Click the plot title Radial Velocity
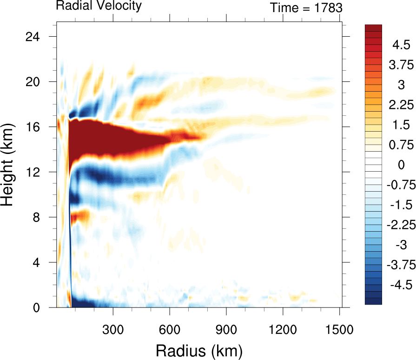(x=99, y=6)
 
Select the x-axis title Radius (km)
(x=199, y=349)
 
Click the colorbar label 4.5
(x=400, y=45)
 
